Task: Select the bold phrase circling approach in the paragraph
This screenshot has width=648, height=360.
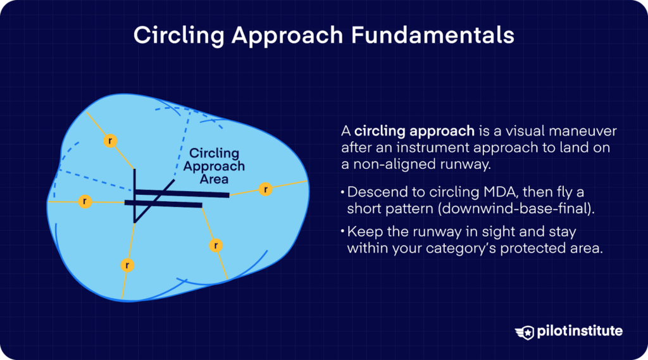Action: point(414,132)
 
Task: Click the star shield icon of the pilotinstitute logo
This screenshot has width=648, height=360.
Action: point(525,332)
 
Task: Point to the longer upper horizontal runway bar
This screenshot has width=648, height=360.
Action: point(184,194)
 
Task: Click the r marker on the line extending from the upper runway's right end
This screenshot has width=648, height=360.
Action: point(266,189)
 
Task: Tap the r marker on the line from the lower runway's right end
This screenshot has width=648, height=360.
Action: point(216,245)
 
